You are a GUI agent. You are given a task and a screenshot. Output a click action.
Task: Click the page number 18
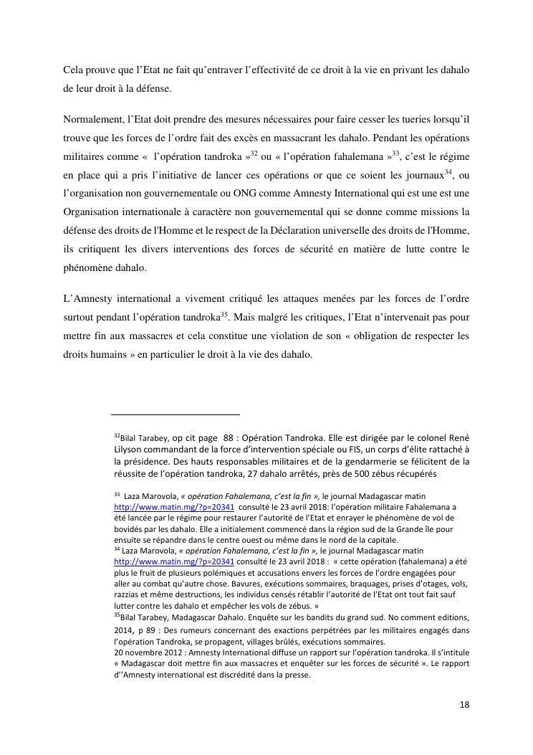pyautogui.click(x=464, y=704)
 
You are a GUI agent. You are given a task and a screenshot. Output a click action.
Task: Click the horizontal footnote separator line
pyautogui.click(x=176, y=414)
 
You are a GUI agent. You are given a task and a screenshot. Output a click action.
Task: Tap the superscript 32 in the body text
pyautogui.click(x=254, y=153)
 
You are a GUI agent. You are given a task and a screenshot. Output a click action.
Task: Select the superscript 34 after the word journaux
pyautogui.click(x=449, y=171)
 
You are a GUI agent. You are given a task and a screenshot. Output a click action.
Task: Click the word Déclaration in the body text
pyautogui.click(x=348, y=230)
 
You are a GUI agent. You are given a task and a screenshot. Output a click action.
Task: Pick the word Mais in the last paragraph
pyautogui.click(x=266, y=316)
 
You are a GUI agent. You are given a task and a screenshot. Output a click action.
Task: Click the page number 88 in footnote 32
pyautogui.click(x=231, y=438)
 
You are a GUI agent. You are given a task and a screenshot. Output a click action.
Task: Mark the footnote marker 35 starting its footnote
pyautogui.click(x=117, y=614)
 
